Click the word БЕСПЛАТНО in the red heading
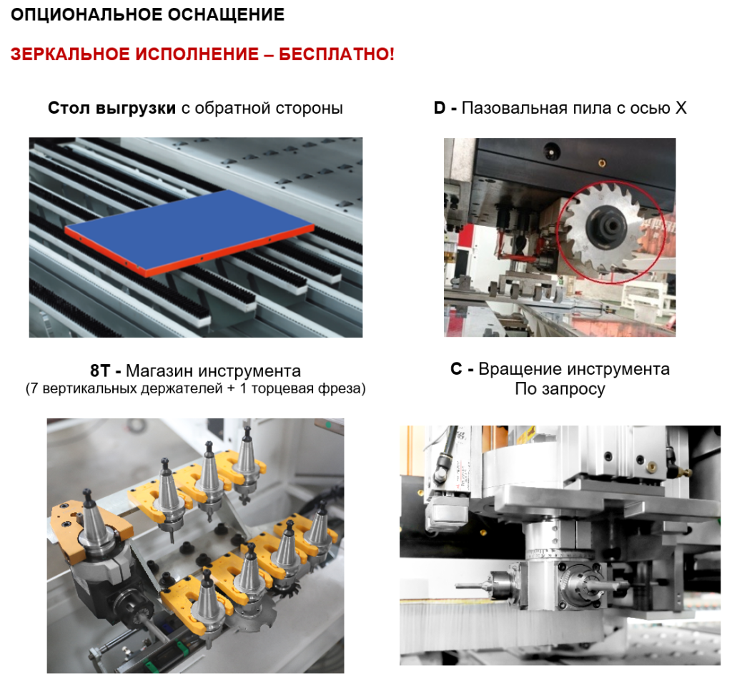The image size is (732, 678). [337, 54]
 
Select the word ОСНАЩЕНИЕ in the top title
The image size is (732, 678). [227, 14]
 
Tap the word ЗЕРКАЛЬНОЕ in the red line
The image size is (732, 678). [71, 54]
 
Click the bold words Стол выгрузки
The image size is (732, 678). [112, 108]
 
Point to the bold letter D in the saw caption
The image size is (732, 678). [440, 108]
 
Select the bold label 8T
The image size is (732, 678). [99, 370]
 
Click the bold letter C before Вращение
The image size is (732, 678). [456, 369]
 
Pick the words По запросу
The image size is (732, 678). [560, 388]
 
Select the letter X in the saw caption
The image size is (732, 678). [681, 108]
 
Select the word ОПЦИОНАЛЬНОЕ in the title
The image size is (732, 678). [86, 14]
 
